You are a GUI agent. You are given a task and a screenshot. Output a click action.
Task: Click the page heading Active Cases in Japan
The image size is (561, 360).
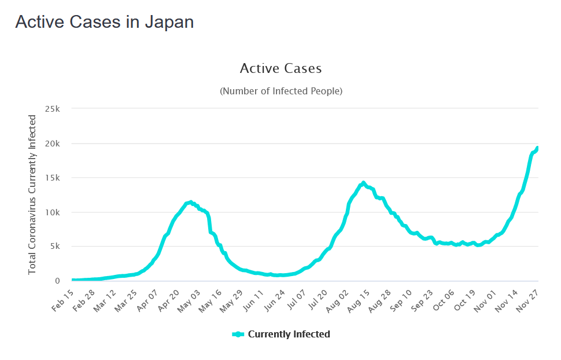coord(104,22)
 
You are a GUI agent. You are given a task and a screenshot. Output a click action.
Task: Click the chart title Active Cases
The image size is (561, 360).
coord(280,68)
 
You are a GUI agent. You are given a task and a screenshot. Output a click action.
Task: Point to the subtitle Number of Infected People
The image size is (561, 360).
coord(280,91)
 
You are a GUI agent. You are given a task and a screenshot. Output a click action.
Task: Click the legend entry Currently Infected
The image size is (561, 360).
coord(289,334)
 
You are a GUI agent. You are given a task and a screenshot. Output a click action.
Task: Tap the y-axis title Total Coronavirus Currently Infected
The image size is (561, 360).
coord(32,194)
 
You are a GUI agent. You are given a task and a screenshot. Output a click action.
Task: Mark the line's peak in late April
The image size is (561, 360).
coord(190,202)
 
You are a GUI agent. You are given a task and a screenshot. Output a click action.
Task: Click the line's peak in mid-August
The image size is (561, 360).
coord(363,183)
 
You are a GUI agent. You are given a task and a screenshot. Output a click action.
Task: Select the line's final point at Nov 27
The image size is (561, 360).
coord(537,148)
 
